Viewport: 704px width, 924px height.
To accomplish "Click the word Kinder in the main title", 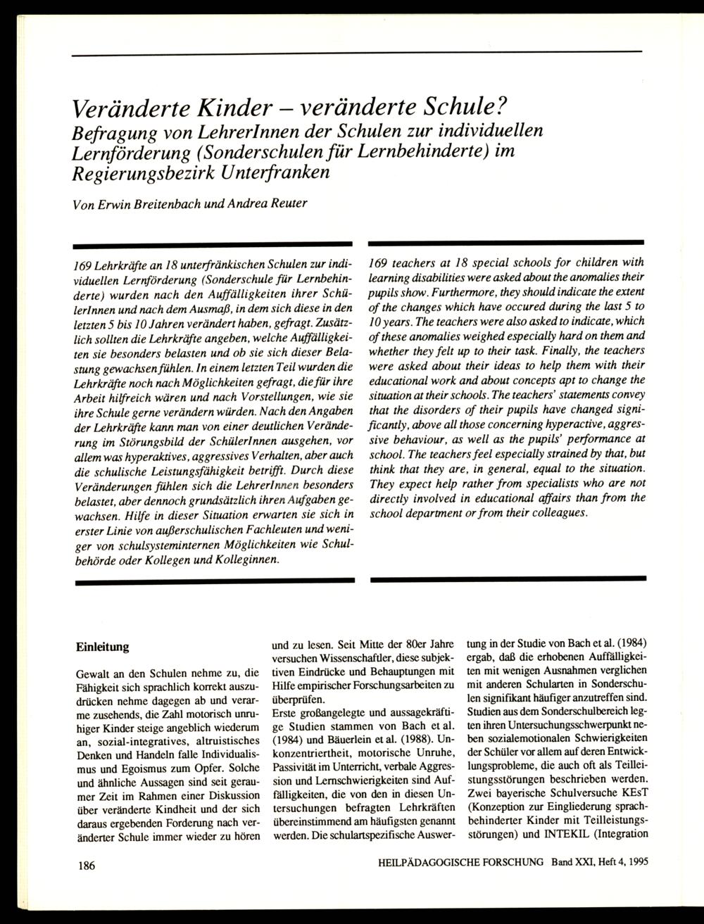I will [x=229, y=108].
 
